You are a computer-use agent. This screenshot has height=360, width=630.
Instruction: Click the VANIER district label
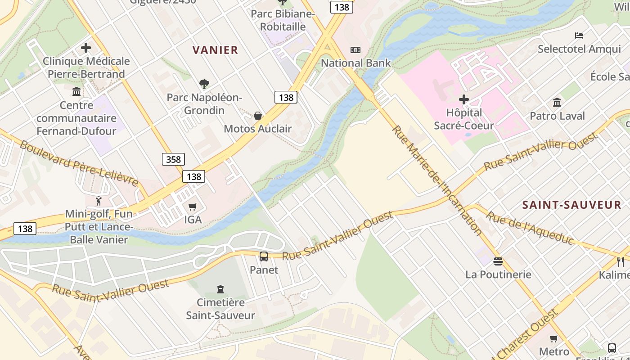[x=215, y=50]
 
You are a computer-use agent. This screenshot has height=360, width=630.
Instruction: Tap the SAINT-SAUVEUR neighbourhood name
[x=571, y=205]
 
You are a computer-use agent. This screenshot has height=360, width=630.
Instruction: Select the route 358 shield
[x=173, y=159]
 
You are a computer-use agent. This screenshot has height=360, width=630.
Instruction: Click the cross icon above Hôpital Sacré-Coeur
[x=464, y=99]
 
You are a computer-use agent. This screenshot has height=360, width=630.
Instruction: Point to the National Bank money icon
[x=355, y=50]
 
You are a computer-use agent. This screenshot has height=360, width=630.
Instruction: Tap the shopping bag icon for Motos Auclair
[x=258, y=116]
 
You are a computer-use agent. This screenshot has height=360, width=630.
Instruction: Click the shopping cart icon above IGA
[x=193, y=207]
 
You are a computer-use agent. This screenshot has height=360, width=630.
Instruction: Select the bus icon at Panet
[x=264, y=256]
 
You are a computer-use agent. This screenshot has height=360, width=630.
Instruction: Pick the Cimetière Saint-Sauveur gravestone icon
[x=220, y=289]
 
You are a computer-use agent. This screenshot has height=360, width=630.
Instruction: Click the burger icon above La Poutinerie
[x=498, y=261]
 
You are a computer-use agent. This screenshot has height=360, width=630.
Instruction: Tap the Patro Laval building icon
[x=557, y=103]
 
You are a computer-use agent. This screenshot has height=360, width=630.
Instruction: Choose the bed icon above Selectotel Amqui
[x=579, y=36]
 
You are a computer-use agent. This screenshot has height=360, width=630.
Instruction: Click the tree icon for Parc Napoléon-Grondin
[x=204, y=84]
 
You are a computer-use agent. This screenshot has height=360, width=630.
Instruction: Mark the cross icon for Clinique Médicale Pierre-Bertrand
[x=86, y=48]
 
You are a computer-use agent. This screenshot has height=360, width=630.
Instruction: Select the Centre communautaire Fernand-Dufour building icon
[x=76, y=92]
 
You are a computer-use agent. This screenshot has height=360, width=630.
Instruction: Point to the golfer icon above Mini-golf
[x=99, y=201]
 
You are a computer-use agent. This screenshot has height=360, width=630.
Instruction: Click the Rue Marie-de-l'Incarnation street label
[x=437, y=180]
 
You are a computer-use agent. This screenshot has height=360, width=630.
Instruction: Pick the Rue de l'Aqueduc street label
[x=531, y=229]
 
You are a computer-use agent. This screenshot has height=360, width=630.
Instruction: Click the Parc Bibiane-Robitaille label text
[x=283, y=20]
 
